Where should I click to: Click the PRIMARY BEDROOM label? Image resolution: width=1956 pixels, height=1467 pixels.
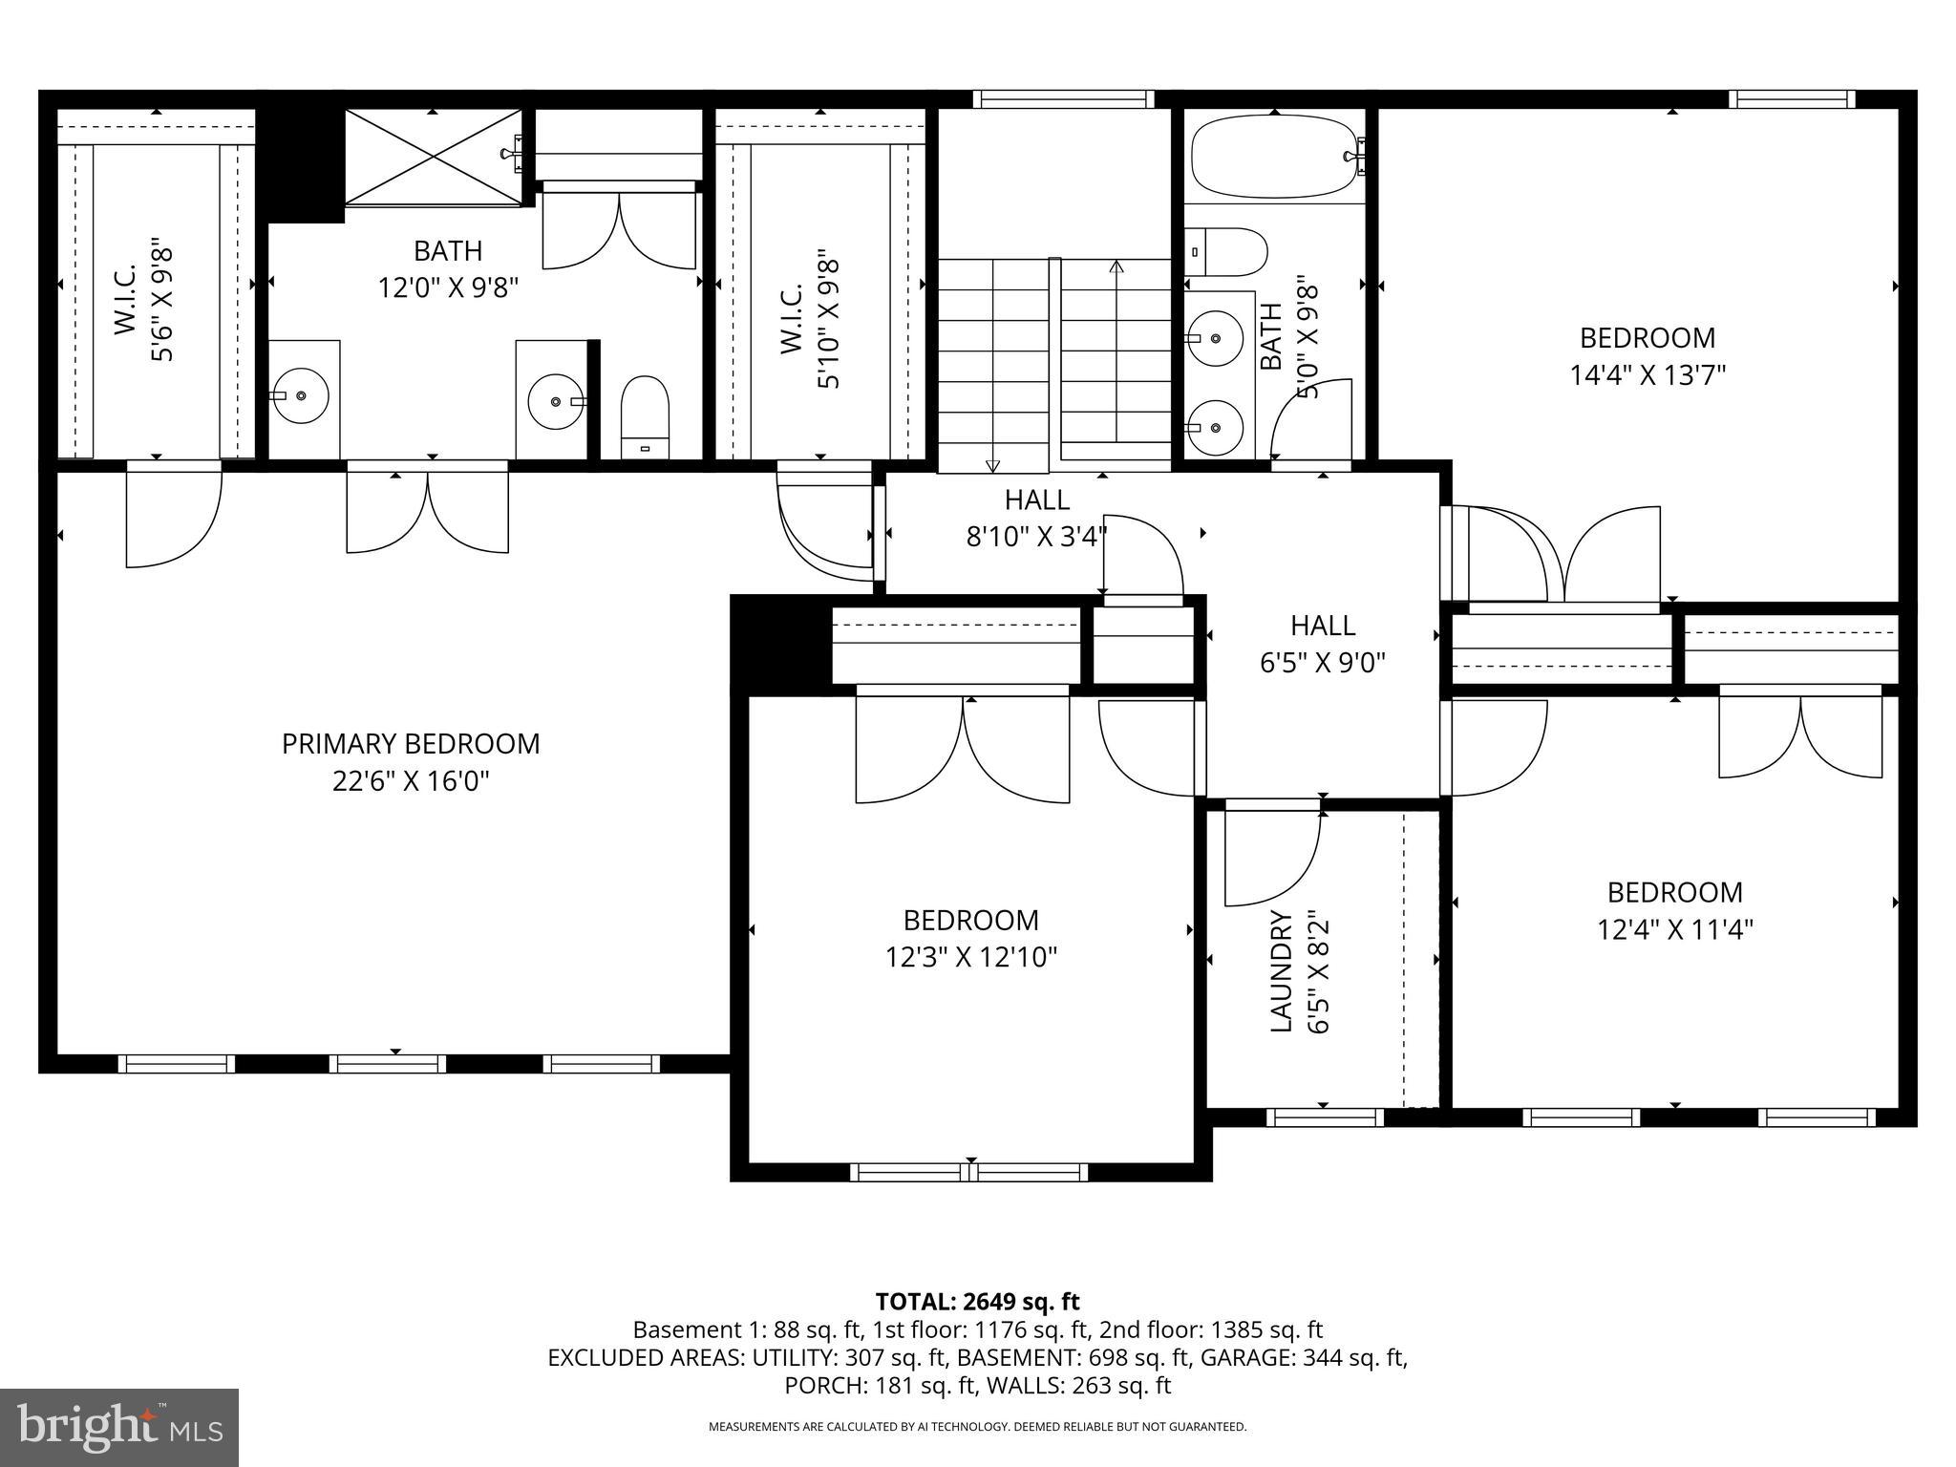[410, 744]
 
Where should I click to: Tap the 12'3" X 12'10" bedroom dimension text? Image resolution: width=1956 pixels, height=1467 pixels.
[970, 957]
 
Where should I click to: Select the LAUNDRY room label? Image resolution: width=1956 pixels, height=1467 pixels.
[1282, 971]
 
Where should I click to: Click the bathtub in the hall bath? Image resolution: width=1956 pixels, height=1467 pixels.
[1274, 157]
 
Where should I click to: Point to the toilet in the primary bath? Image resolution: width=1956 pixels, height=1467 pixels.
[645, 416]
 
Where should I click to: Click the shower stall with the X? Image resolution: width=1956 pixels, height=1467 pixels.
[433, 157]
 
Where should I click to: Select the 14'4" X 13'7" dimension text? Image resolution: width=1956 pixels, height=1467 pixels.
[1648, 374]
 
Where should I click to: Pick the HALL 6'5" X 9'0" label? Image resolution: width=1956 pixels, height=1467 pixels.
[1323, 643]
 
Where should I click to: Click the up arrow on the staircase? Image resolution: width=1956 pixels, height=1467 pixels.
[1116, 267]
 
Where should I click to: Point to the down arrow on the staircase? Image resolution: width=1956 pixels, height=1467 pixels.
[993, 465]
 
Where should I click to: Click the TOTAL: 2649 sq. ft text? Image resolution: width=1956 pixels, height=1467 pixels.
[977, 1301]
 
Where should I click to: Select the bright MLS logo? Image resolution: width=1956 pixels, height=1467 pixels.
[119, 1427]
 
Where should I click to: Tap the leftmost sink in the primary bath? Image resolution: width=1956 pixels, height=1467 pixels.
[300, 394]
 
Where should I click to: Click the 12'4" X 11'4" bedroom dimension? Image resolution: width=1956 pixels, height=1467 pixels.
[1674, 929]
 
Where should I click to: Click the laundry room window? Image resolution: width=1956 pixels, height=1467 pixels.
[1325, 1116]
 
